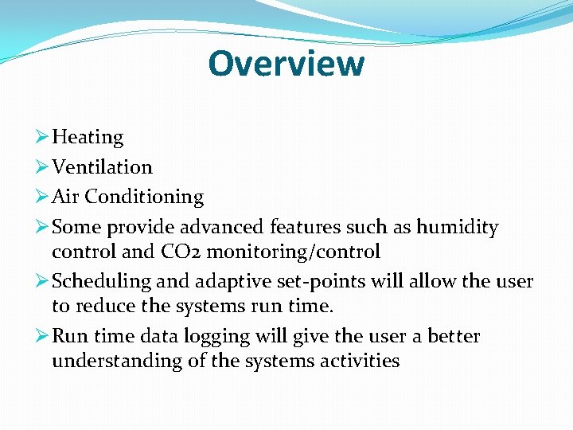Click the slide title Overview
point(286,63)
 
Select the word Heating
point(88,137)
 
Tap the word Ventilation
point(102,167)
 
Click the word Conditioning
point(144,197)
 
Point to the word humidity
point(457,227)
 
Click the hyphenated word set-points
point(319,282)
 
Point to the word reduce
point(103,307)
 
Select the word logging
point(216,337)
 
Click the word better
point(454,336)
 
